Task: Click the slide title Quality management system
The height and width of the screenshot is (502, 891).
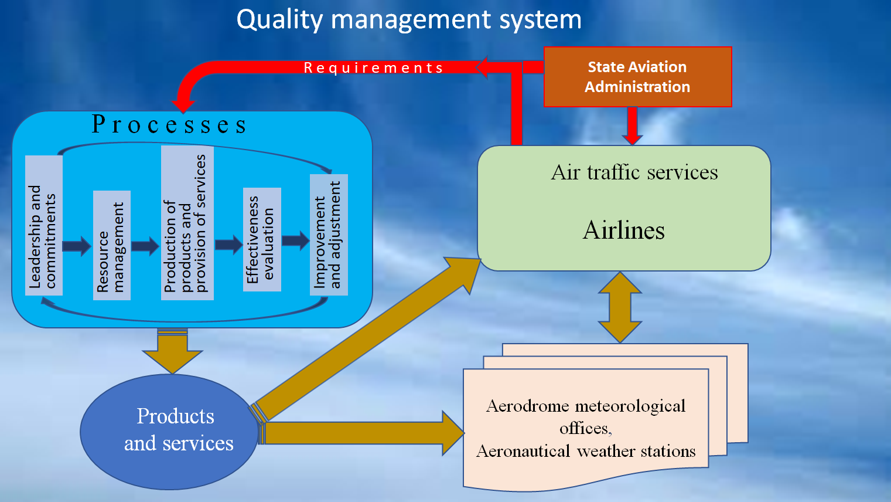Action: coord(409,19)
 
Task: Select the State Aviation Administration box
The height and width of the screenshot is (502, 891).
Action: coord(637,77)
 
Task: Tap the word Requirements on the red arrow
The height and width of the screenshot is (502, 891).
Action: coord(373,68)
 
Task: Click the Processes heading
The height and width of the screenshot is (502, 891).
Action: coord(169,125)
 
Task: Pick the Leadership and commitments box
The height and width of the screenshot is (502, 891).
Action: coord(43,226)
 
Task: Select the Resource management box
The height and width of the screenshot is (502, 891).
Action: coord(111,245)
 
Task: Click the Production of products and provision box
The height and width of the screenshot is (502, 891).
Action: coord(187,223)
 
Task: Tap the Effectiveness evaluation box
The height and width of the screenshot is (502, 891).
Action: coord(261,239)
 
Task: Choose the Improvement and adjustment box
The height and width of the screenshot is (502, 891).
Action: coord(329,235)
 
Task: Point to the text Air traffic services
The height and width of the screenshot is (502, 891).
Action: coord(634,172)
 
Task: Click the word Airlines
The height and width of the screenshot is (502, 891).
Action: coord(624,230)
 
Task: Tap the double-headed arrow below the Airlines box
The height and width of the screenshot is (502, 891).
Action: coord(620,307)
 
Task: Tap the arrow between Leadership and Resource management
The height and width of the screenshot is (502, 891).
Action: coord(77,246)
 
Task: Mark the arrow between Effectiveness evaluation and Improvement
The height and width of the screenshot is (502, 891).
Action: coord(295,240)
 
